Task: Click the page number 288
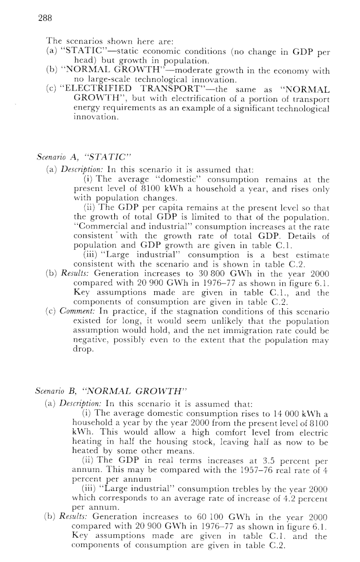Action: [46, 18]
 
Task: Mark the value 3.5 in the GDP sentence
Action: [274, 471]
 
